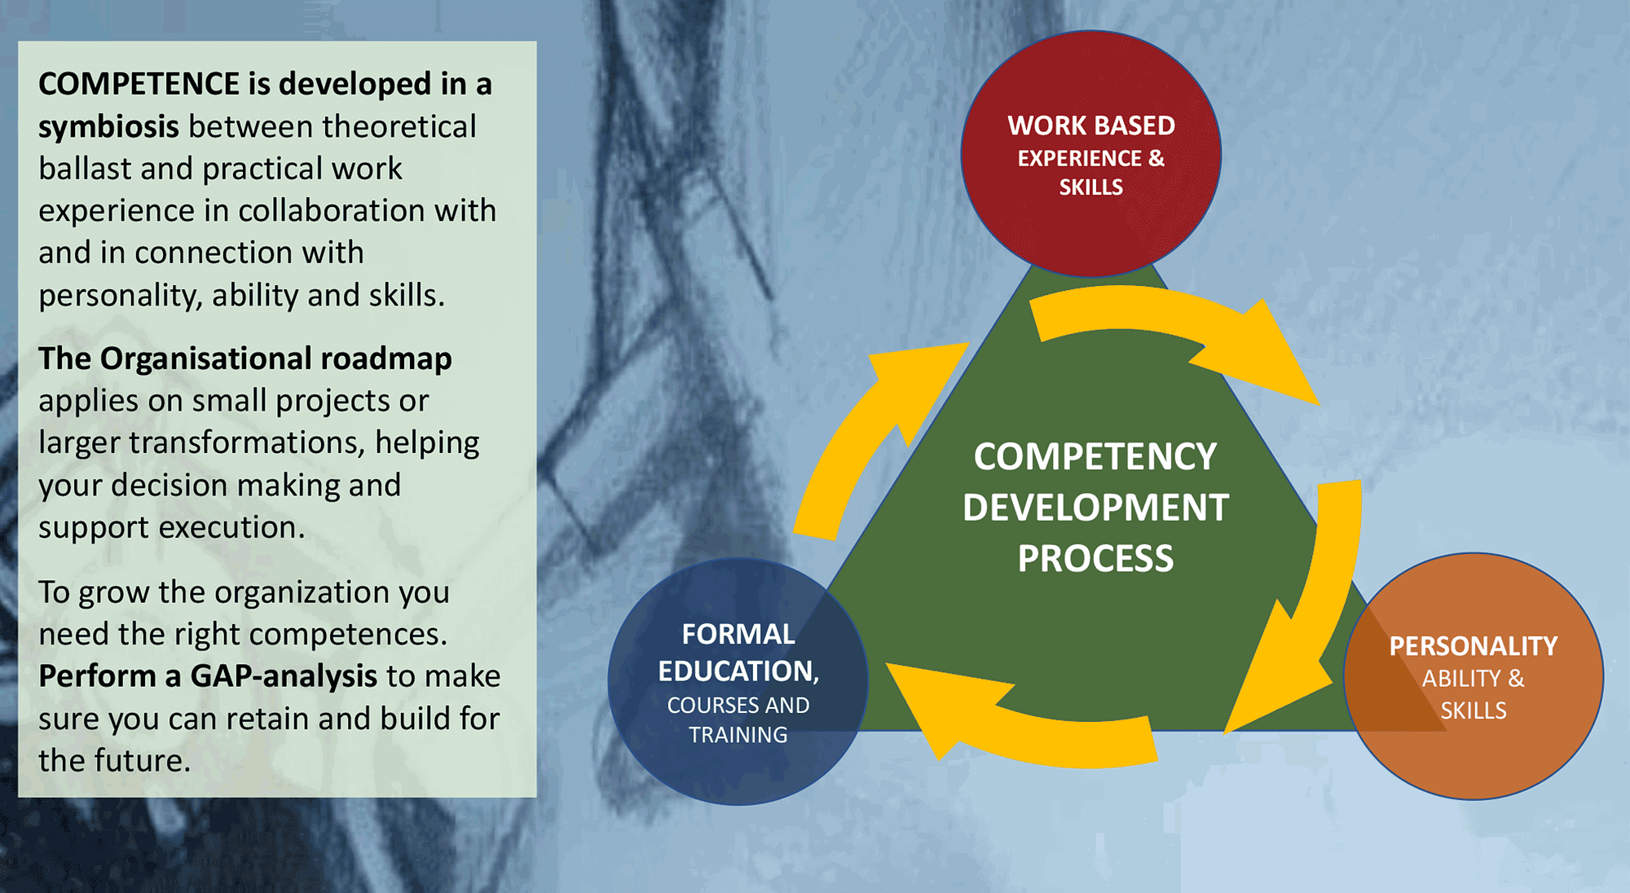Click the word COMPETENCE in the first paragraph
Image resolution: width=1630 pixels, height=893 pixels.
(x=139, y=84)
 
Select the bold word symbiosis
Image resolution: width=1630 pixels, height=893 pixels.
(x=108, y=128)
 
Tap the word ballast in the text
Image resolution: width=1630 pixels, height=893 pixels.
(x=85, y=169)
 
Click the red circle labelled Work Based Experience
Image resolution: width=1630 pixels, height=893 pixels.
(x=1090, y=154)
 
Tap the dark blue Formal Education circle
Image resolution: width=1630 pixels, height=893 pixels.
(x=738, y=682)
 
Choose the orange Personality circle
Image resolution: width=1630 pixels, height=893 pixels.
(x=1474, y=676)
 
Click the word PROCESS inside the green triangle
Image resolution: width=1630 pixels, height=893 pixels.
(x=1095, y=559)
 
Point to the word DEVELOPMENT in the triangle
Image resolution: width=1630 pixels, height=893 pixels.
(x=1095, y=508)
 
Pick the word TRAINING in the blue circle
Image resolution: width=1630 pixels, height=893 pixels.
(x=738, y=735)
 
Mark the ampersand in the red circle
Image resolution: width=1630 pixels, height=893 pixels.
(x=1156, y=158)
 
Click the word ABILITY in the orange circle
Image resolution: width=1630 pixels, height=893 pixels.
(x=1461, y=679)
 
